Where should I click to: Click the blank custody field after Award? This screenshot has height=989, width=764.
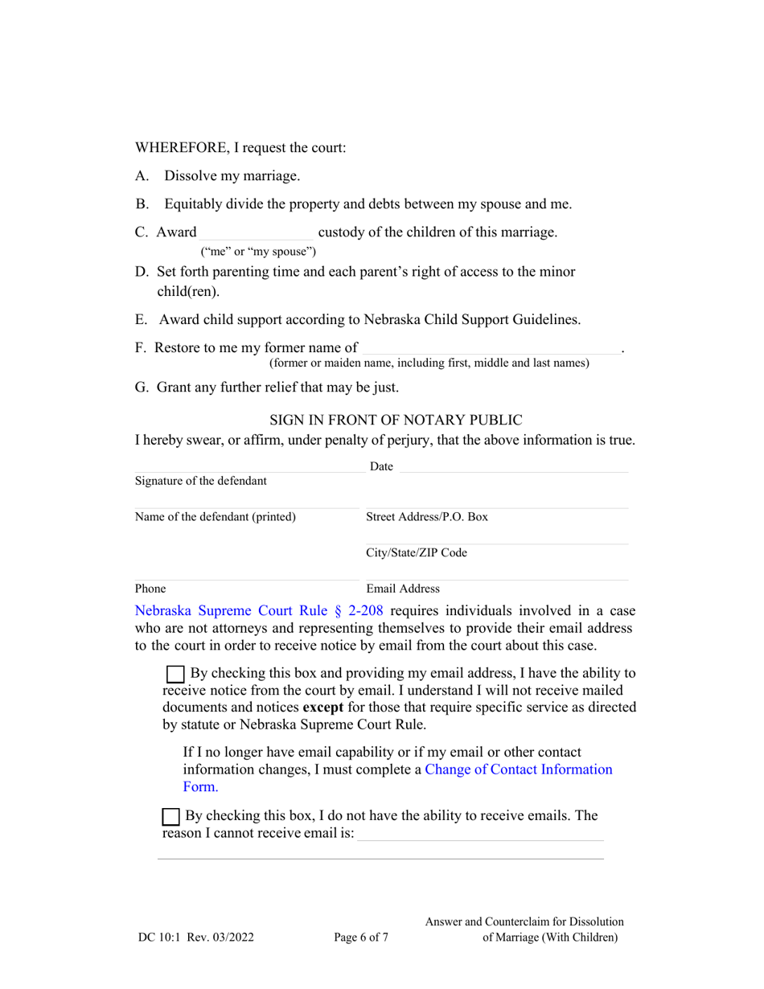point(257,233)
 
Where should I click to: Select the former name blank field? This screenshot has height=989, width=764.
point(491,348)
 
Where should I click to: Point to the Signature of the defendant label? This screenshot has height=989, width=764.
point(201,481)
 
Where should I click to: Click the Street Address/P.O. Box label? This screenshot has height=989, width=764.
point(427,516)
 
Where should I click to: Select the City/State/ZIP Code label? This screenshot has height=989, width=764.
point(417,552)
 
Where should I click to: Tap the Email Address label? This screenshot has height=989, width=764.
point(403,589)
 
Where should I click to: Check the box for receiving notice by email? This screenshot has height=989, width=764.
point(174,675)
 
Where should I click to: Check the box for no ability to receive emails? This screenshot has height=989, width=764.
point(171,817)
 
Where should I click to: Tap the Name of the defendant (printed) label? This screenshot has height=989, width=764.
point(216,516)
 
